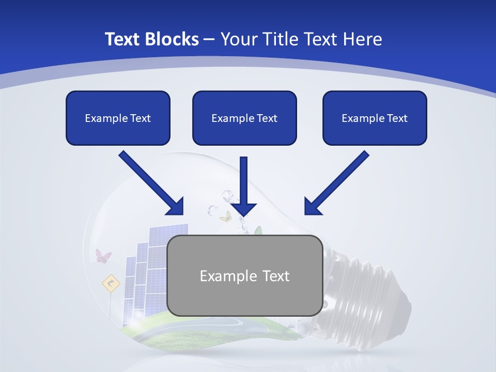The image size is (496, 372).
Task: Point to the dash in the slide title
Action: click(209, 40)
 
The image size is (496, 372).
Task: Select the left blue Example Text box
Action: click(118, 118)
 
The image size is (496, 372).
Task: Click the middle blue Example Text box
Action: click(244, 118)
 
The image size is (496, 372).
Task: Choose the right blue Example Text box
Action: click(375, 118)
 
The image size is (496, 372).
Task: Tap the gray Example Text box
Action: click(244, 275)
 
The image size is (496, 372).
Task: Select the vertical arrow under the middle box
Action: click(243, 186)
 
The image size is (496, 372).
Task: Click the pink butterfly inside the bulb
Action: click(103, 256)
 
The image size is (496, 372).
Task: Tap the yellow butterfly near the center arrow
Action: click(226, 216)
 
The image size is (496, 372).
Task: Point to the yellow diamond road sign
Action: click(111, 283)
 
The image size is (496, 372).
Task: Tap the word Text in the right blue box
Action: click(397, 118)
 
